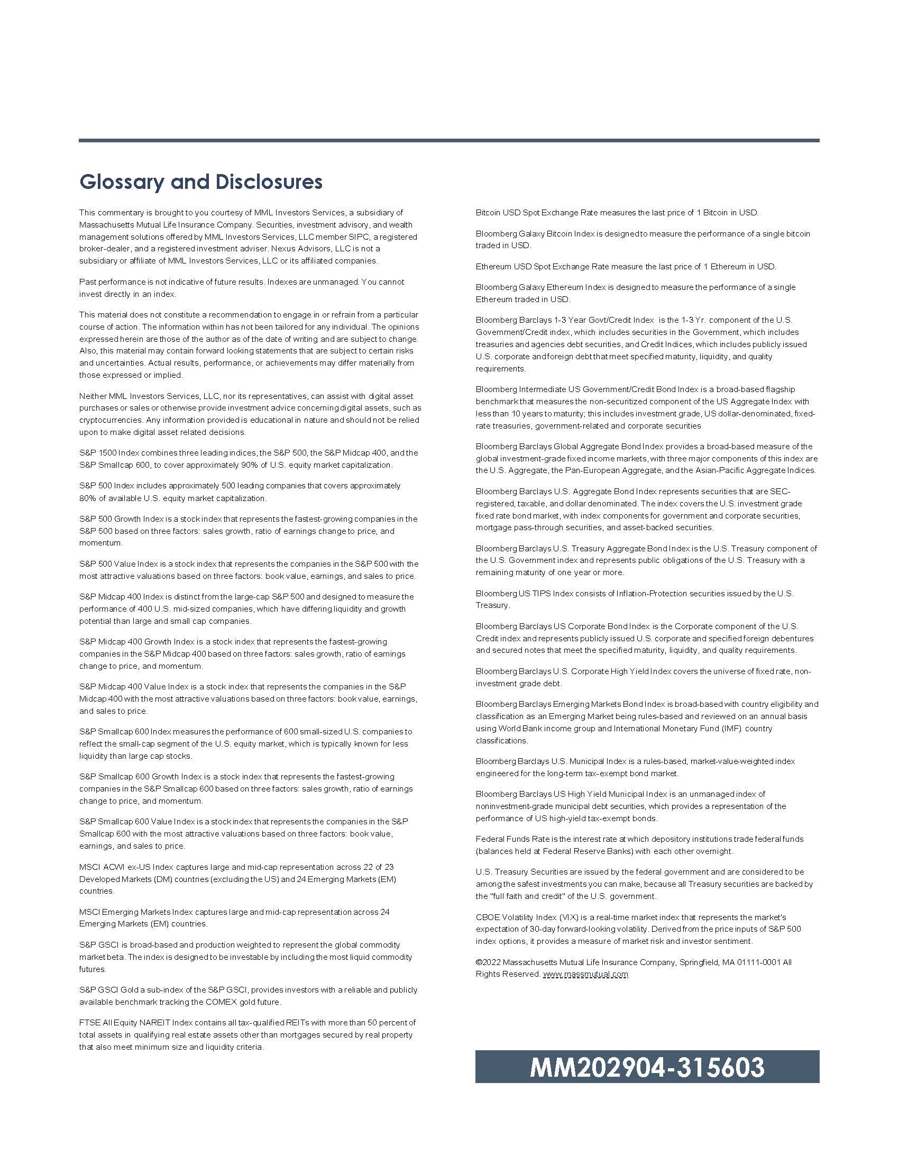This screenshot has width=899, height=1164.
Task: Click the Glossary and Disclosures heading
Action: pos(201,181)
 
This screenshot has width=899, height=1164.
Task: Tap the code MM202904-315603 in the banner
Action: pos(647,1067)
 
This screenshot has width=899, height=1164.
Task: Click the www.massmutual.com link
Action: pos(585,974)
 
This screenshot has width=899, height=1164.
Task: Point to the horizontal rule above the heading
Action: pos(449,140)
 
